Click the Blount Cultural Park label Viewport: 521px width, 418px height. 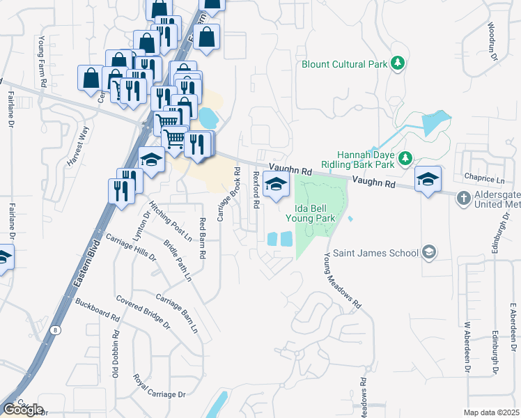click(x=344, y=64)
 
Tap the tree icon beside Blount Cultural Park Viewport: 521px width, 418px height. click(x=398, y=64)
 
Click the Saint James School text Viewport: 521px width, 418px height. click(x=375, y=253)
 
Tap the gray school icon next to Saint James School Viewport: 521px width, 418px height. click(x=429, y=252)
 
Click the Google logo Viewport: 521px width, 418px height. click(x=22, y=410)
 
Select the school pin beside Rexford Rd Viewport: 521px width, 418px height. click(x=277, y=185)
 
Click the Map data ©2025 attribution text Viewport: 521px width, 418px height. click(x=491, y=412)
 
